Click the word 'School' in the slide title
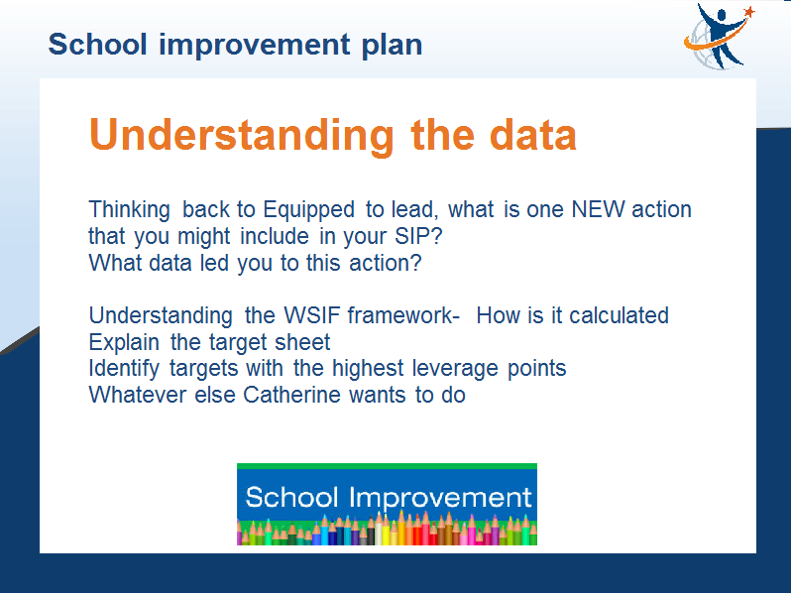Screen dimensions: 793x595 [97, 44]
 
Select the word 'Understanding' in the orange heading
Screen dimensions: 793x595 [241, 135]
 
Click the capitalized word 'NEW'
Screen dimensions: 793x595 [598, 209]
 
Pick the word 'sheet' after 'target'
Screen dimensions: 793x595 [302, 342]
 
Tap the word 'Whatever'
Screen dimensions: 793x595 [138, 395]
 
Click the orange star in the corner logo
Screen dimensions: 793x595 [749, 12]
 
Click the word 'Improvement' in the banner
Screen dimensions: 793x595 [440, 499]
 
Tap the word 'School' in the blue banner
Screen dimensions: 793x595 [291, 497]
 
